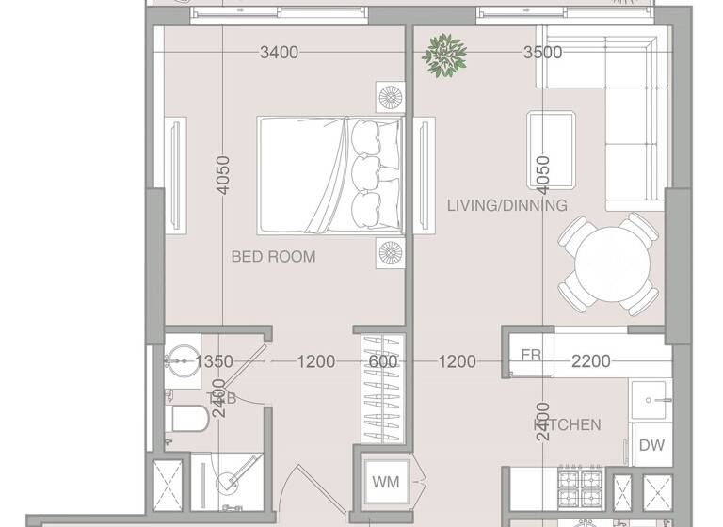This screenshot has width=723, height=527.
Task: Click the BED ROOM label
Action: (x=274, y=256)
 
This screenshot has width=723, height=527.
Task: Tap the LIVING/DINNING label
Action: (x=507, y=205)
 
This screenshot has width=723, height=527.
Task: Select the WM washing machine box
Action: (x=386, y=482)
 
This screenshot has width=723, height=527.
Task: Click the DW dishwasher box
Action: (x=651, y=445)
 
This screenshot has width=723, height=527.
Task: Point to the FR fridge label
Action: (x=531, y=356)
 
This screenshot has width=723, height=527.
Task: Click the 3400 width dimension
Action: (x=279, y=53)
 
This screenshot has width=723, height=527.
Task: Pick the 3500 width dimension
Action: (x=542, y=53)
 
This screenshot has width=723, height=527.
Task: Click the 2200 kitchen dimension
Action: (x=591, y=360)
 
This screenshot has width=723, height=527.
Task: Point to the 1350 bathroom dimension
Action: (x=213, y=360)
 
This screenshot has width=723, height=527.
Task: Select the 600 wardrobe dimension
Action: (x=383, y=360)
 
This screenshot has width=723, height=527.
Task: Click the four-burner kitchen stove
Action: (x=582, y=487)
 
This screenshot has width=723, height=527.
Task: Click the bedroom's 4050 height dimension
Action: (x=223, y=175)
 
